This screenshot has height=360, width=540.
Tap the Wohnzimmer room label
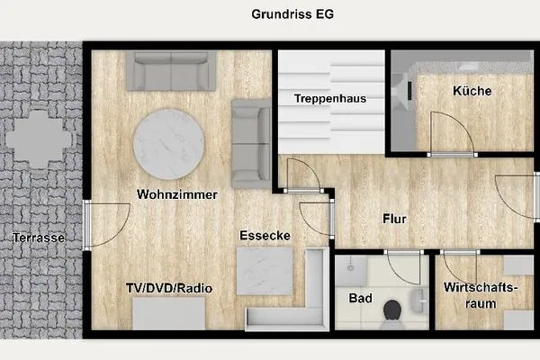[x=167, y=193]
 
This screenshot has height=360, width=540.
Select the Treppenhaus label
[x=330, y=99]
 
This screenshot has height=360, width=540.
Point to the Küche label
[x=472, y=91]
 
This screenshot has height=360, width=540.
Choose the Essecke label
[x=264, y=236]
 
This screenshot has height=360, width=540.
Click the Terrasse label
[x=39, y=238]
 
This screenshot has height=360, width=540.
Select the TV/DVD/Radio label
[x=168, y=288]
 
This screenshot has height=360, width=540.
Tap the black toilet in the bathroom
[x=393, y=310]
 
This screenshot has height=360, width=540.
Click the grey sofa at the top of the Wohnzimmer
[x=173, y=70]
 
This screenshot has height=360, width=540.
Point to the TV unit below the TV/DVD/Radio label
[x=171, y=315]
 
